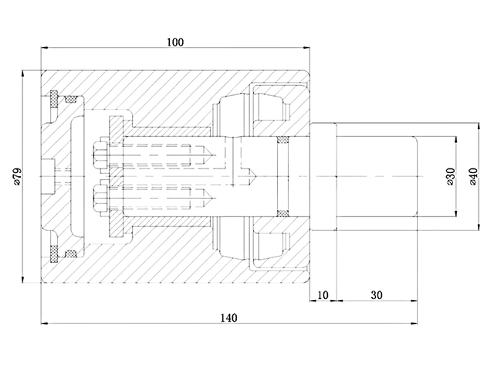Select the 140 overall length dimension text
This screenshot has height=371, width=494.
pyautogui.click(x=228, y=318)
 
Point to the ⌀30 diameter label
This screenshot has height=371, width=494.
pyautogui.click(x=450, y=176)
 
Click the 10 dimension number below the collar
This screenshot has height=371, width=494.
pyautogui.click(x=323, y=294)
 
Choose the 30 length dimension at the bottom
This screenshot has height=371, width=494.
pyautogui.click(x=376, y=294)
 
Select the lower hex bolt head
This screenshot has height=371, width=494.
pyautogui.click(x=100, y=198)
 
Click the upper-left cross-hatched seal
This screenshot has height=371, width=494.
pyautogui.click(x=55, y=99)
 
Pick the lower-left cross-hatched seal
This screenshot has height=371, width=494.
pyautogui.click(x=55, y=252)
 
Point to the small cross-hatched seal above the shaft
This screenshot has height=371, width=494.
pyautogui.click(x=283, y=140)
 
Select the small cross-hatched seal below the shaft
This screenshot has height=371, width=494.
pyautogui.click(x=283, y=212)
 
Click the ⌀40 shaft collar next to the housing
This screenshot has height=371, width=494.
pyautogui.click(x=323, y=176)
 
